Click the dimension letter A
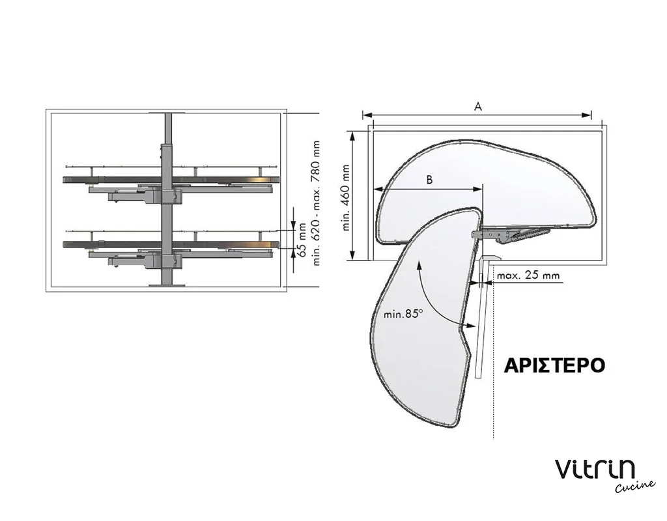477,106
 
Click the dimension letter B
429,180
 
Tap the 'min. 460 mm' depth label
345,198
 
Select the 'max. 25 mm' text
528,275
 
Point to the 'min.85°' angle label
403,315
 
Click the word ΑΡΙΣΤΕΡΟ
554,365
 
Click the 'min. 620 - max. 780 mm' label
316,203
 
